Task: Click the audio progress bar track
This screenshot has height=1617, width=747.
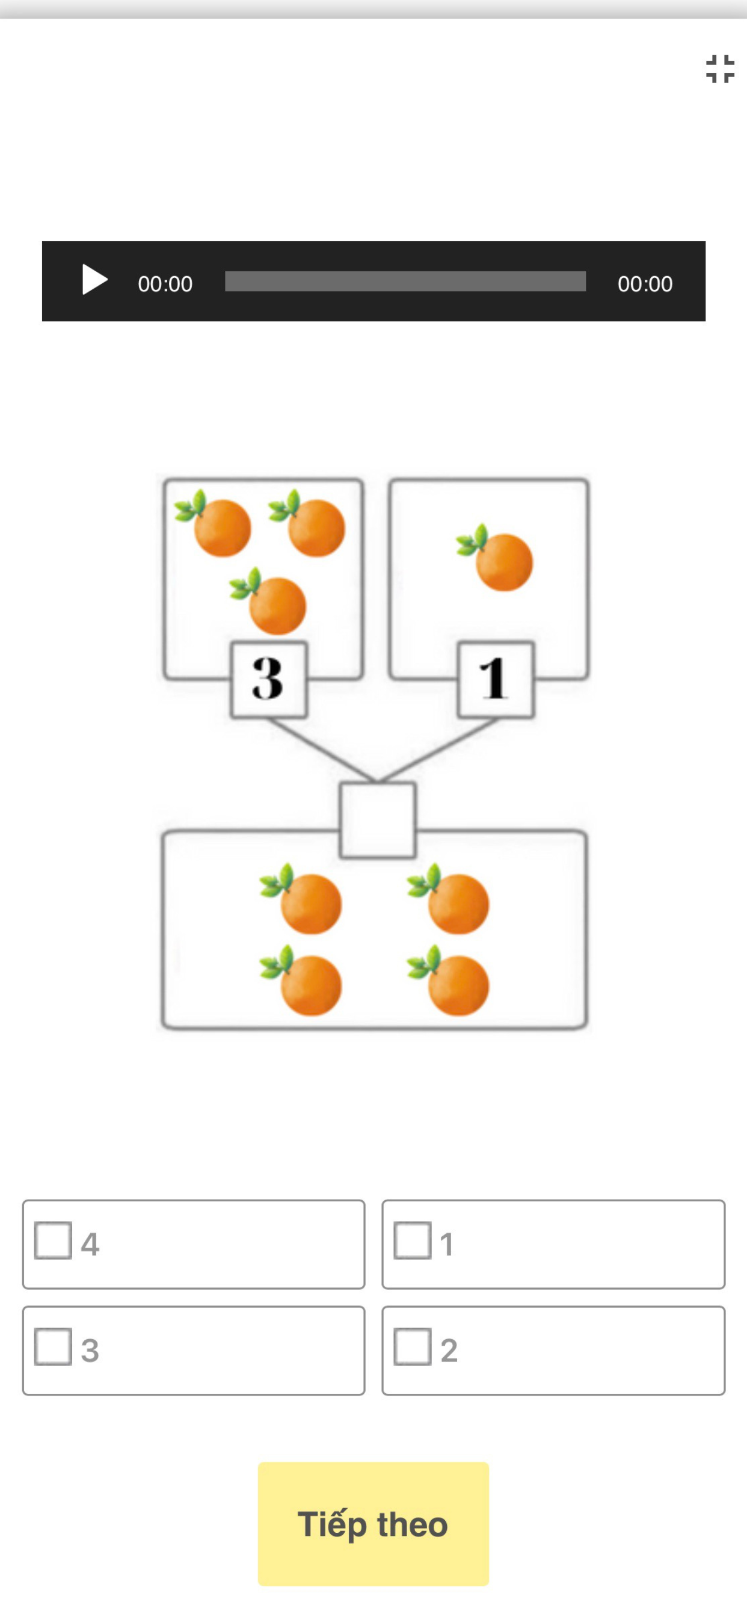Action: [405, 281]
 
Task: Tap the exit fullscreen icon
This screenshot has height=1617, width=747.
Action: [720, 69]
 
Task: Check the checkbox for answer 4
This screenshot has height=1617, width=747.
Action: [54, 1240]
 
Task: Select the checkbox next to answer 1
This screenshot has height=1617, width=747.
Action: [413, 1240]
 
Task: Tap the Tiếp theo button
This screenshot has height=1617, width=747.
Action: [373, 1524]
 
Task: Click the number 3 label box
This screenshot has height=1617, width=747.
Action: [269, 679]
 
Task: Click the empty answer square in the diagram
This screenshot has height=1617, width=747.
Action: [377, 820]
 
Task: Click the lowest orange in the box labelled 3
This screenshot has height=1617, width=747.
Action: [269, 602]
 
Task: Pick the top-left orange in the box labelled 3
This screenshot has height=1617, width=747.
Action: [214, 523]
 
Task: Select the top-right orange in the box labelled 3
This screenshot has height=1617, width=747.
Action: [307, 523]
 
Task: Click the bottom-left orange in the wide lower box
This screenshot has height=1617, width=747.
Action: [301, 981]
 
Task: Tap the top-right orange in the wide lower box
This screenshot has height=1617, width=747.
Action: [449, 899]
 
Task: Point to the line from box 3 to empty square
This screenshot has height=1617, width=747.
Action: [322, 750]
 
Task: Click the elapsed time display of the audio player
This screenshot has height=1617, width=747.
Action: [165, 284]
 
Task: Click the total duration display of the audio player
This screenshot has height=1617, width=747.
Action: [645, 284]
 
